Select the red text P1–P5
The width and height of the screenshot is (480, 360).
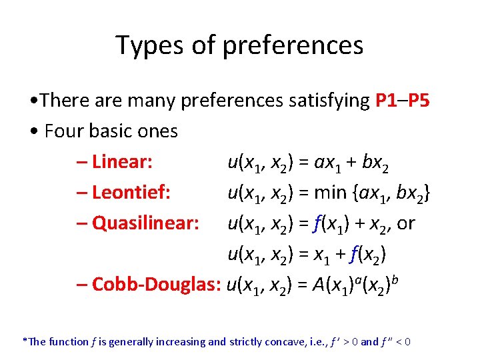(x=403, y=101)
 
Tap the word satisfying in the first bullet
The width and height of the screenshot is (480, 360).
(x=329, y=101)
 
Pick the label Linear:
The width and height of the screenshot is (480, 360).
(x=123, y=162)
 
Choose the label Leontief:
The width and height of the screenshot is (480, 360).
(x=132, y=193)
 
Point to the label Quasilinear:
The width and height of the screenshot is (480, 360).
(x=145, y=223)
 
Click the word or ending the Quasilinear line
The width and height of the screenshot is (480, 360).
(x=406, y=223)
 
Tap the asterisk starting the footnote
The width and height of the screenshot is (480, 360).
(x=25, y=341)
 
